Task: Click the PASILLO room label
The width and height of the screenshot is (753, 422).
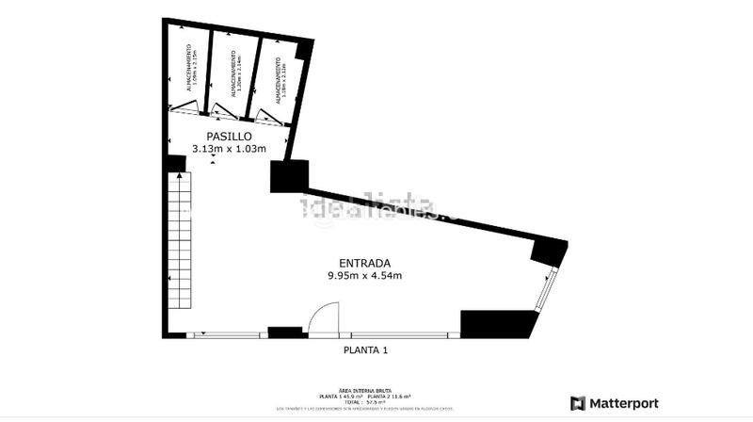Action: [x=229, y=137]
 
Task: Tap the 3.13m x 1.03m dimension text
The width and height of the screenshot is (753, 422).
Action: [x=229, y=149]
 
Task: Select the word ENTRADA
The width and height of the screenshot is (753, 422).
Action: [x=364, y=263]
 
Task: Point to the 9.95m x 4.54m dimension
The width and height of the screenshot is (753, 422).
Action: [x=364, y=276]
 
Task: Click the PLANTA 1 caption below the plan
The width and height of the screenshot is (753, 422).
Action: [x=364, y=350]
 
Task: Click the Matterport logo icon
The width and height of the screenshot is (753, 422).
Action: [x=578, y=403]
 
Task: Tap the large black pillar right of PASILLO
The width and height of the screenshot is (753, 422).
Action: [x=289, y=176]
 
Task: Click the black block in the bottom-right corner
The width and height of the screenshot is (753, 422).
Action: [x=497, y=323]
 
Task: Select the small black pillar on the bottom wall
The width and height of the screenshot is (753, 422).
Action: [x=283, y=332]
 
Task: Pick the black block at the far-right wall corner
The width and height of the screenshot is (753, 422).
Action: [x=549, y=251]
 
